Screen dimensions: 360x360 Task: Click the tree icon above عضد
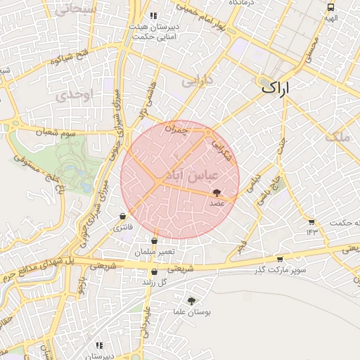(217, 192)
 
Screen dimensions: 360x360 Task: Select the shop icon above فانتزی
(123, 216)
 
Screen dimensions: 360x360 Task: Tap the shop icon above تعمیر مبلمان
(154, 241)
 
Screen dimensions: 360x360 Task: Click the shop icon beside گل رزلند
(154, 272)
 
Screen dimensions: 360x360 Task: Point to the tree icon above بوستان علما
(191, 300)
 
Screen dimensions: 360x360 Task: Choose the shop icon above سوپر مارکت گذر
(280, 259)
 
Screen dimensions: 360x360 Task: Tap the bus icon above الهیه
(330, 6)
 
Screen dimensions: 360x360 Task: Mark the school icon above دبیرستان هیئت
(154, 15)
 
